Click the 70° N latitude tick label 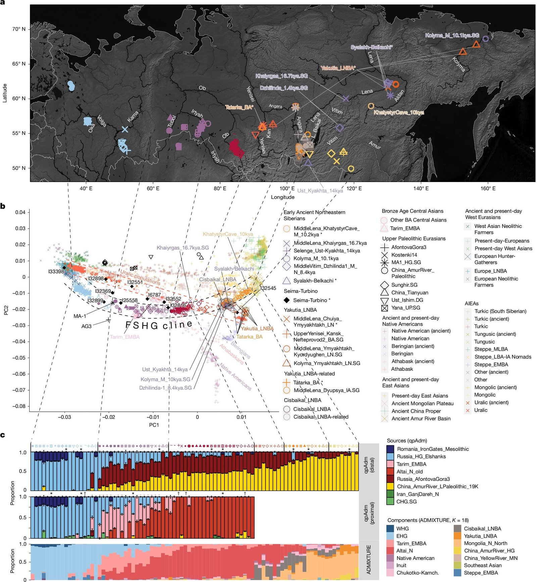19,29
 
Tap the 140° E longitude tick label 421,188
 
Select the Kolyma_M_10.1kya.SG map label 452,35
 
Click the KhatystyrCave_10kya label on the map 399,113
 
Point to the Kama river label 133,117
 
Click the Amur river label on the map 375,145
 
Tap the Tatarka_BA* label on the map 239,107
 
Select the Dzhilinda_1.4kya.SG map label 284,88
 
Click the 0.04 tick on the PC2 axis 20,212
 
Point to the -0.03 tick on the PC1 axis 64,417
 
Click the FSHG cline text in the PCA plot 159,325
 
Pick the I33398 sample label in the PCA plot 55,271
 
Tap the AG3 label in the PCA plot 86,326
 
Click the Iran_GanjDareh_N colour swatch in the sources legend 390,494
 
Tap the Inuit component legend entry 401,565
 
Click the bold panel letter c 3,435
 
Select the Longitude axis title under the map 283,197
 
